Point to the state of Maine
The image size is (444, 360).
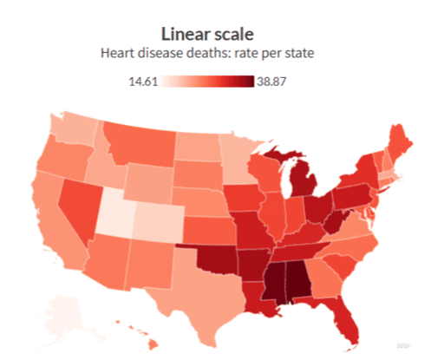400,139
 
